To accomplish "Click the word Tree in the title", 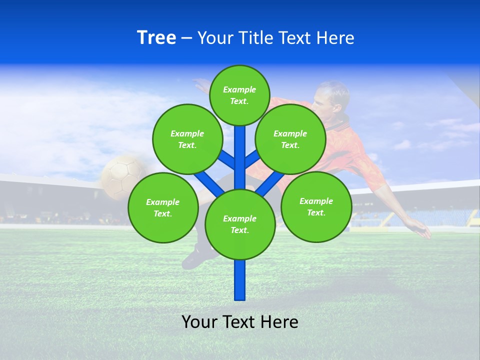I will tap(156, 38).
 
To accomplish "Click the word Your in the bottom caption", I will tap(199, 322).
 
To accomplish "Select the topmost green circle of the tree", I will tap(239, 95).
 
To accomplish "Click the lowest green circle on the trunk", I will tap(240, 224).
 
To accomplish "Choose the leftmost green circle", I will tap(163, 207).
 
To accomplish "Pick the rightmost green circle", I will tap(316, 206).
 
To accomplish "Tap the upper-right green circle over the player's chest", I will tap(290, 139).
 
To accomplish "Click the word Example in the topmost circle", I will tap(239, 89).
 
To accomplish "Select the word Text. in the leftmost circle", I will tap(163, 213).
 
